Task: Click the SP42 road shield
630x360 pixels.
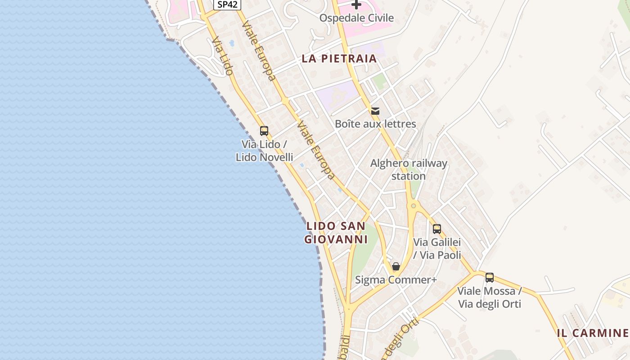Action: coord(227,4)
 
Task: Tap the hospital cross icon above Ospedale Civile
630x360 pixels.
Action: coord(356,5)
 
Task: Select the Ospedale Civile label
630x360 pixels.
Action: coord(356,18)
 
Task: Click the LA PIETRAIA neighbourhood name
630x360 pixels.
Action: coord(339,58)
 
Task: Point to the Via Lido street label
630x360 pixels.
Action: coord(223,56)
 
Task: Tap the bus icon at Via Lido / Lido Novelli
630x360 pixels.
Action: coord(264,131)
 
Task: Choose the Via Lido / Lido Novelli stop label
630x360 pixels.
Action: coord(264,151)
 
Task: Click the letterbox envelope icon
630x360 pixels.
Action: coord(375,111)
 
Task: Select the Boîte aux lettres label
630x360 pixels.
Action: coord(375,124)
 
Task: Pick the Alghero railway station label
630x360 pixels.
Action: coord(409,169)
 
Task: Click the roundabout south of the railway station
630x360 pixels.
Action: coord(413,206)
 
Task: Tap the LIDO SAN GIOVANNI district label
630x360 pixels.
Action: coord(336,233)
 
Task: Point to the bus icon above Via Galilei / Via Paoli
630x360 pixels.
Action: coord(437,229)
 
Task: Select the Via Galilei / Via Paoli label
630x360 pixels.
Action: coord(437,248)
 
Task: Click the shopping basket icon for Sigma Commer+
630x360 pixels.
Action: coord(396,266)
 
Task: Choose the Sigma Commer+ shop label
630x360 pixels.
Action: coord(396,280)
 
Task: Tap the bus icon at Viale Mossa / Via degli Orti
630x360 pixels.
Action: coord(490,278)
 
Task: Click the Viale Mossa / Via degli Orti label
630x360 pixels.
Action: coord(490,297)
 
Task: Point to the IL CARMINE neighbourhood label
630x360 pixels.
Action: coord(592,333)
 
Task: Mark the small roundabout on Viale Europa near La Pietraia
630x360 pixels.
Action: coord(285,101)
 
